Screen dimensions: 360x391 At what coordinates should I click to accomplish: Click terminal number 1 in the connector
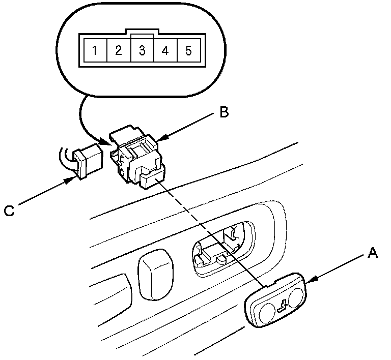click(94, 50)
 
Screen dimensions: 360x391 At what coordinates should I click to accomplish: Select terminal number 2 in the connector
click(118, 50)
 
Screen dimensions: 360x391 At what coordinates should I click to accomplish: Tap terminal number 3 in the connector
click(142, 50)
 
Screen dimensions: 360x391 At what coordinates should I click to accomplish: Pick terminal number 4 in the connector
click(165, 50)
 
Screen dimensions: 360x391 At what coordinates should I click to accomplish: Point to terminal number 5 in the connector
click(188, 50)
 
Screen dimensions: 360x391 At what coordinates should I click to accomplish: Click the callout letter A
click(373, 253)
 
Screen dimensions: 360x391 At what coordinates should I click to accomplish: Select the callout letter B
click(224, 112)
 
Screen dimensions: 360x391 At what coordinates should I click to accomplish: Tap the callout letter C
click(9, 210)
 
